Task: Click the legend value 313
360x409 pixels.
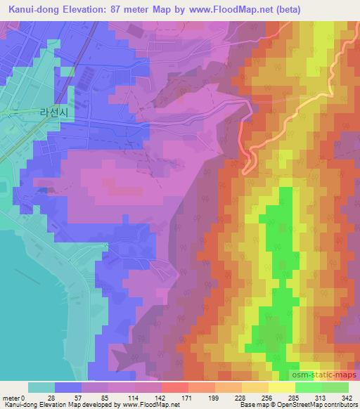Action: tap(321, 398)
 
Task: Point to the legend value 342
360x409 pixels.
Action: tap(347, 398)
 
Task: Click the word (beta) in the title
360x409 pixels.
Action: tap(336, 10)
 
